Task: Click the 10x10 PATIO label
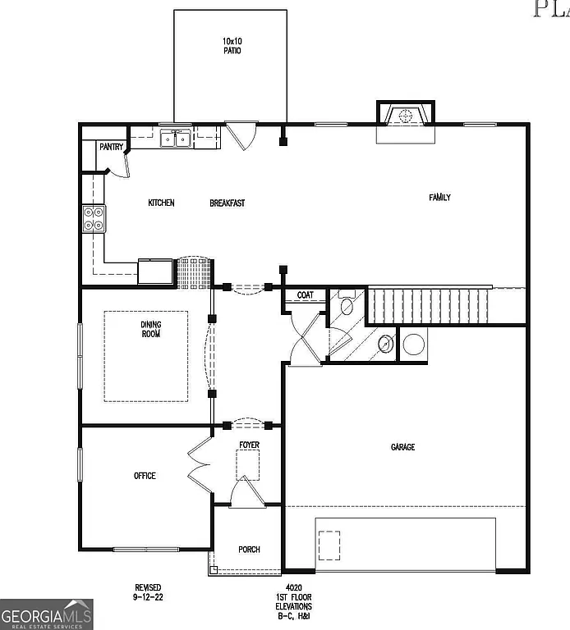pyautogui.click(x=231, y=45)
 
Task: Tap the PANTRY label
pyautogui.click(x=111, y=148)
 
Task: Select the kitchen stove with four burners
pyautogui.click(x=93, y=217)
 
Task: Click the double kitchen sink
pyautogui.click(x=176, y=139)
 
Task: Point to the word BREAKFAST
pyautogui.click(x=227, y=203)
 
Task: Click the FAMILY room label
pyautogui.click(x=439, y=197)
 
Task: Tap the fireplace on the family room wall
pyautogui.click(x=404, y=116)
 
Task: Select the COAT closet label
pyautogui.click(x=306, y=295)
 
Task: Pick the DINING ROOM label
pyautogui.click(x=150, y=329)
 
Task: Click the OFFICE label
pyautogui.click(x=145, y=476)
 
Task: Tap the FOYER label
pyautogui.click(x=249, y=445)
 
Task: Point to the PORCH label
pyautogui.click(x=249, y=550)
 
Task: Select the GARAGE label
pyautogui.click(x=402, y=447)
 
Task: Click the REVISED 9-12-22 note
pyautogui.click(x=148, y=592)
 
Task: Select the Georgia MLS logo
pyautogui.click(x=47, y=614)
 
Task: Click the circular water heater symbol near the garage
pyautogui.click(x=413, y=344)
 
